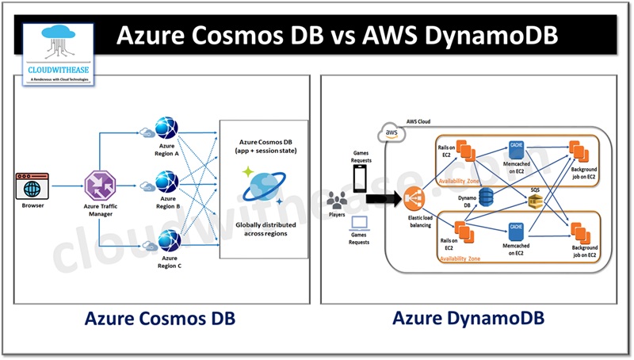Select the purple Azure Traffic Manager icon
pos(100,187)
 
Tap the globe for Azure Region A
pos(167,129)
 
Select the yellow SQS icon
pos(537,204)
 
